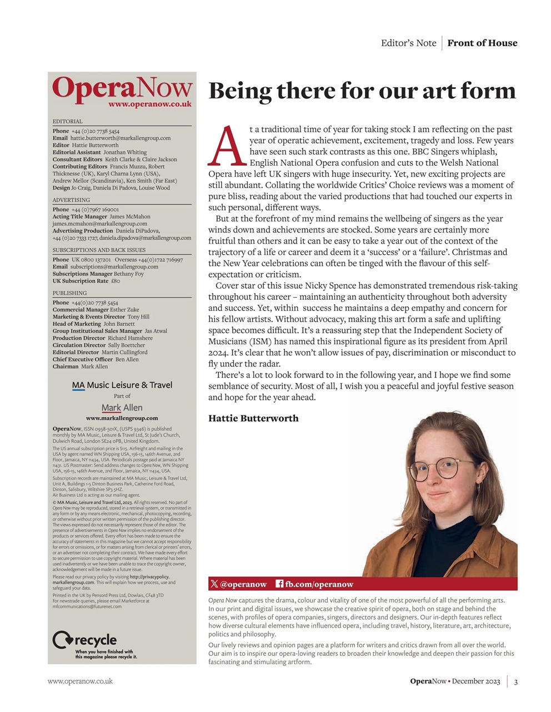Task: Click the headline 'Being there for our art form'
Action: pyautogui.click(x=362, y=91)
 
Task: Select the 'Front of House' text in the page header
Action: pyautogui.click(x=482, y=43)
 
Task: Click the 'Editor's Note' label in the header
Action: pyautogui.click(x=408, y=43)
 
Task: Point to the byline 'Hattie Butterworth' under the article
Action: pyautogui.click(x=253, y=418)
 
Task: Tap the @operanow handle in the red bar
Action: pyautogui.click(x=239, y=584)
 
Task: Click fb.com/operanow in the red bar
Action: pyautogui.click(x=314, y=584)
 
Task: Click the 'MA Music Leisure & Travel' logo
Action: pyautogui.click(x=122, y=385)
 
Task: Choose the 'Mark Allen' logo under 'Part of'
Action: pyautogui.click(x=122, y=408)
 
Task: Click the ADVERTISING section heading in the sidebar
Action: pyautogui.click(x=71, y=200)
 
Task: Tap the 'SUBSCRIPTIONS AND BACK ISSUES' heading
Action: pyautogui.click(x=99, y=250)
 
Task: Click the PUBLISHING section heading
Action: pyautogui.click(x=69, y=293)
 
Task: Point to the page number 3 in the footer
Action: pyautogui.click(x=515, y=681)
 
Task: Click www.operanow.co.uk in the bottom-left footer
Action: pyautogui.click(x=80, y=681)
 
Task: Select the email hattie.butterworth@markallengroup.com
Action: pyautogui.click(x=120, y=138)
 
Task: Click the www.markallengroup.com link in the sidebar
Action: pyautogui.click(x=122, y=418)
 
